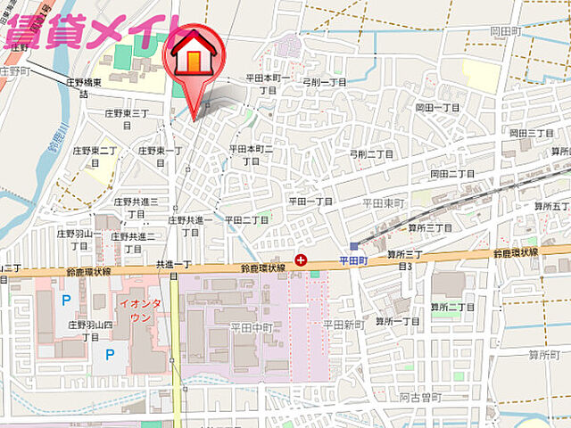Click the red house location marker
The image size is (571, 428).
pos(194,55)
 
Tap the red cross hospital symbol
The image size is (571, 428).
pos(301,260)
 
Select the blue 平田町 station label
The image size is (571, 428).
pos(354,260)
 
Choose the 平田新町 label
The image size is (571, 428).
pos(343,324)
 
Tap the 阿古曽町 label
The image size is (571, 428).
pos(416,398)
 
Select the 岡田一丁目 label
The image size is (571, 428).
pos(437,106)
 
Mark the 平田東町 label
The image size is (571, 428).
pos(384,203)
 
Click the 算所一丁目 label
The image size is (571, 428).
pos(397,321)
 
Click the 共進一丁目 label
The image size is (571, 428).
pos(174,265)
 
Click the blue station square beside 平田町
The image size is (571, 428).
pos(355,245)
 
